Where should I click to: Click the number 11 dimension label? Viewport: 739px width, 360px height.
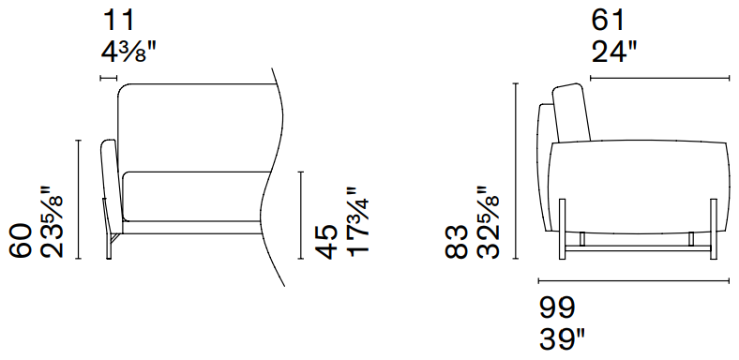(119, 22)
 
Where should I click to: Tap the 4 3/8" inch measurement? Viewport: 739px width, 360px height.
(128, 52)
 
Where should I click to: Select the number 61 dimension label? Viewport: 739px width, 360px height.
(608, 22)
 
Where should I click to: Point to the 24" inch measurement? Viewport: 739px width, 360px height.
(614, 52)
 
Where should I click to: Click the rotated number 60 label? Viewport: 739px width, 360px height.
(21, 241)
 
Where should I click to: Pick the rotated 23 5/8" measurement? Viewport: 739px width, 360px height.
(52, 222)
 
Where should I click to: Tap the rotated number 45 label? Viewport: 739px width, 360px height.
(326, 241)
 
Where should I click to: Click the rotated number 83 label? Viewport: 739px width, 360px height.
(456, 241)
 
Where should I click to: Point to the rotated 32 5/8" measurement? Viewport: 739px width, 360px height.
(488, 222)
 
